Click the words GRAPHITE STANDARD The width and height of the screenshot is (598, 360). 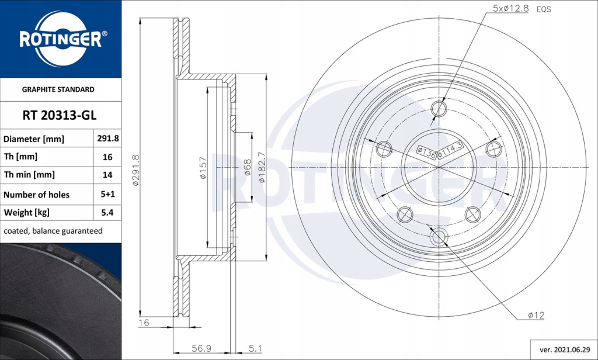58,89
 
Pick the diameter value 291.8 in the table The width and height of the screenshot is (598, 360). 107,139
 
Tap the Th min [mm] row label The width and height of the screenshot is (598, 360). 29,175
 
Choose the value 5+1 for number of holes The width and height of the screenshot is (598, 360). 107,195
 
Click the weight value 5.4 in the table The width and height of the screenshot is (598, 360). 107,212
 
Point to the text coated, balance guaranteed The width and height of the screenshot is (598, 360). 53,231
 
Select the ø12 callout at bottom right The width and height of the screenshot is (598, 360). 536,315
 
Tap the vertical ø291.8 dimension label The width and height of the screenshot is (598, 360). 135,170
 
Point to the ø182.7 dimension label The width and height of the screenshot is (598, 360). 262,168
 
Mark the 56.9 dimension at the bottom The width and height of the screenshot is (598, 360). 202,348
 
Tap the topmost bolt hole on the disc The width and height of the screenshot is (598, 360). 439,109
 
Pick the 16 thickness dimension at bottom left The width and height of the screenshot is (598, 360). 144,323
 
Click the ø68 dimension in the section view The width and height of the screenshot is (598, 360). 247,168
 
